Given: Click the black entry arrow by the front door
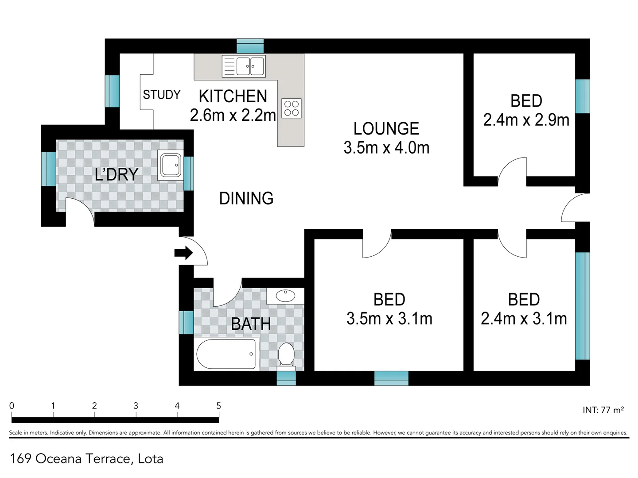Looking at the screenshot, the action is coord(183,253).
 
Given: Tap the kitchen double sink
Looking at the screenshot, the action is coord(244,66).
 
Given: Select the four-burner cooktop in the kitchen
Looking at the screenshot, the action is coord(291,108).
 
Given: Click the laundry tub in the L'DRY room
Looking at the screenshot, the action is coord(170,165).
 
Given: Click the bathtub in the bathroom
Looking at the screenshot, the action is coord(226,354).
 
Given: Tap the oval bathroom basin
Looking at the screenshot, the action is coord(285,296).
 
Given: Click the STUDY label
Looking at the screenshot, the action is coord(162,95).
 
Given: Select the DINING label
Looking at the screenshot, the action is coord(246,198).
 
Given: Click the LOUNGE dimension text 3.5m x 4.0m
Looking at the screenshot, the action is coord(386,148).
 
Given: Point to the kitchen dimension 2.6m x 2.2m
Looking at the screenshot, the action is coord(233,115).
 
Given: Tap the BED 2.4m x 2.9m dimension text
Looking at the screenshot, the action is coord(526,120).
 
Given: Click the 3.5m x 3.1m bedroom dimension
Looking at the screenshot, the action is coord(389,318).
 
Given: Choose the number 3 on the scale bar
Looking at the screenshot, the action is coord(136,405).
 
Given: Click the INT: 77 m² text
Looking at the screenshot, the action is coord(603,410).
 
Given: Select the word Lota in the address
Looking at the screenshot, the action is coord(150,459).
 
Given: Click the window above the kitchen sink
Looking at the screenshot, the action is coord(250,46).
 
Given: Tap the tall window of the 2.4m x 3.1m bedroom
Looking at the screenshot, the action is coord(583,306).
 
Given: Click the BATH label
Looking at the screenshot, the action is coord(251,324).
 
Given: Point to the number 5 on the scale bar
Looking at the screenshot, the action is coord(218,405).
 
